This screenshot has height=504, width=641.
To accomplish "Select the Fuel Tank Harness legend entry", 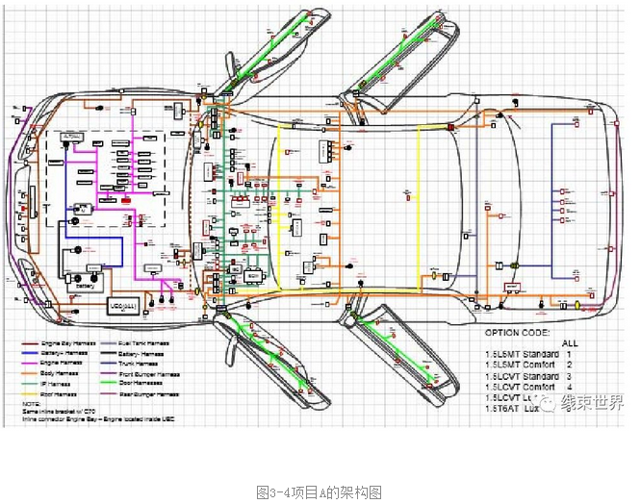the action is coord(144,342).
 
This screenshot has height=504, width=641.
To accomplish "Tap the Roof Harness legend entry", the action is coord(61,393).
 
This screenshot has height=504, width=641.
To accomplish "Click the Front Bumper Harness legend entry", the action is coord(151,373).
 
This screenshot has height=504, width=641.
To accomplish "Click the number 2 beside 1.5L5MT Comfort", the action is coord(570,365).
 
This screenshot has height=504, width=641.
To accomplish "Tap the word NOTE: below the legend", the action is coord(32,405).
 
